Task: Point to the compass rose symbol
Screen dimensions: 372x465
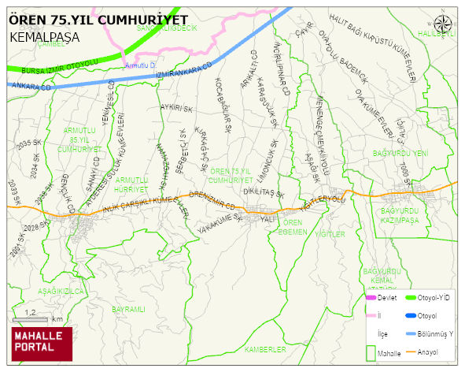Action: [x=444, y=24]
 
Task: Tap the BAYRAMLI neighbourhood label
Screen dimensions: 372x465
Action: [x=129, y=310]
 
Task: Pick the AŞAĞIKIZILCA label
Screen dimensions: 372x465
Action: [x=61, y=291]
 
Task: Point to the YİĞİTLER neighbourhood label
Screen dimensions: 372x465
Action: [x=330, y=234]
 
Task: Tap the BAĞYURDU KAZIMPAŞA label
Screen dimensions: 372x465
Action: [x=401, y=217]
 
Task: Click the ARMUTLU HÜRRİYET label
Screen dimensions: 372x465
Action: [x=132, y=185]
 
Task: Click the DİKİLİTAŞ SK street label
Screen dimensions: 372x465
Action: [x=263, y=192]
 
